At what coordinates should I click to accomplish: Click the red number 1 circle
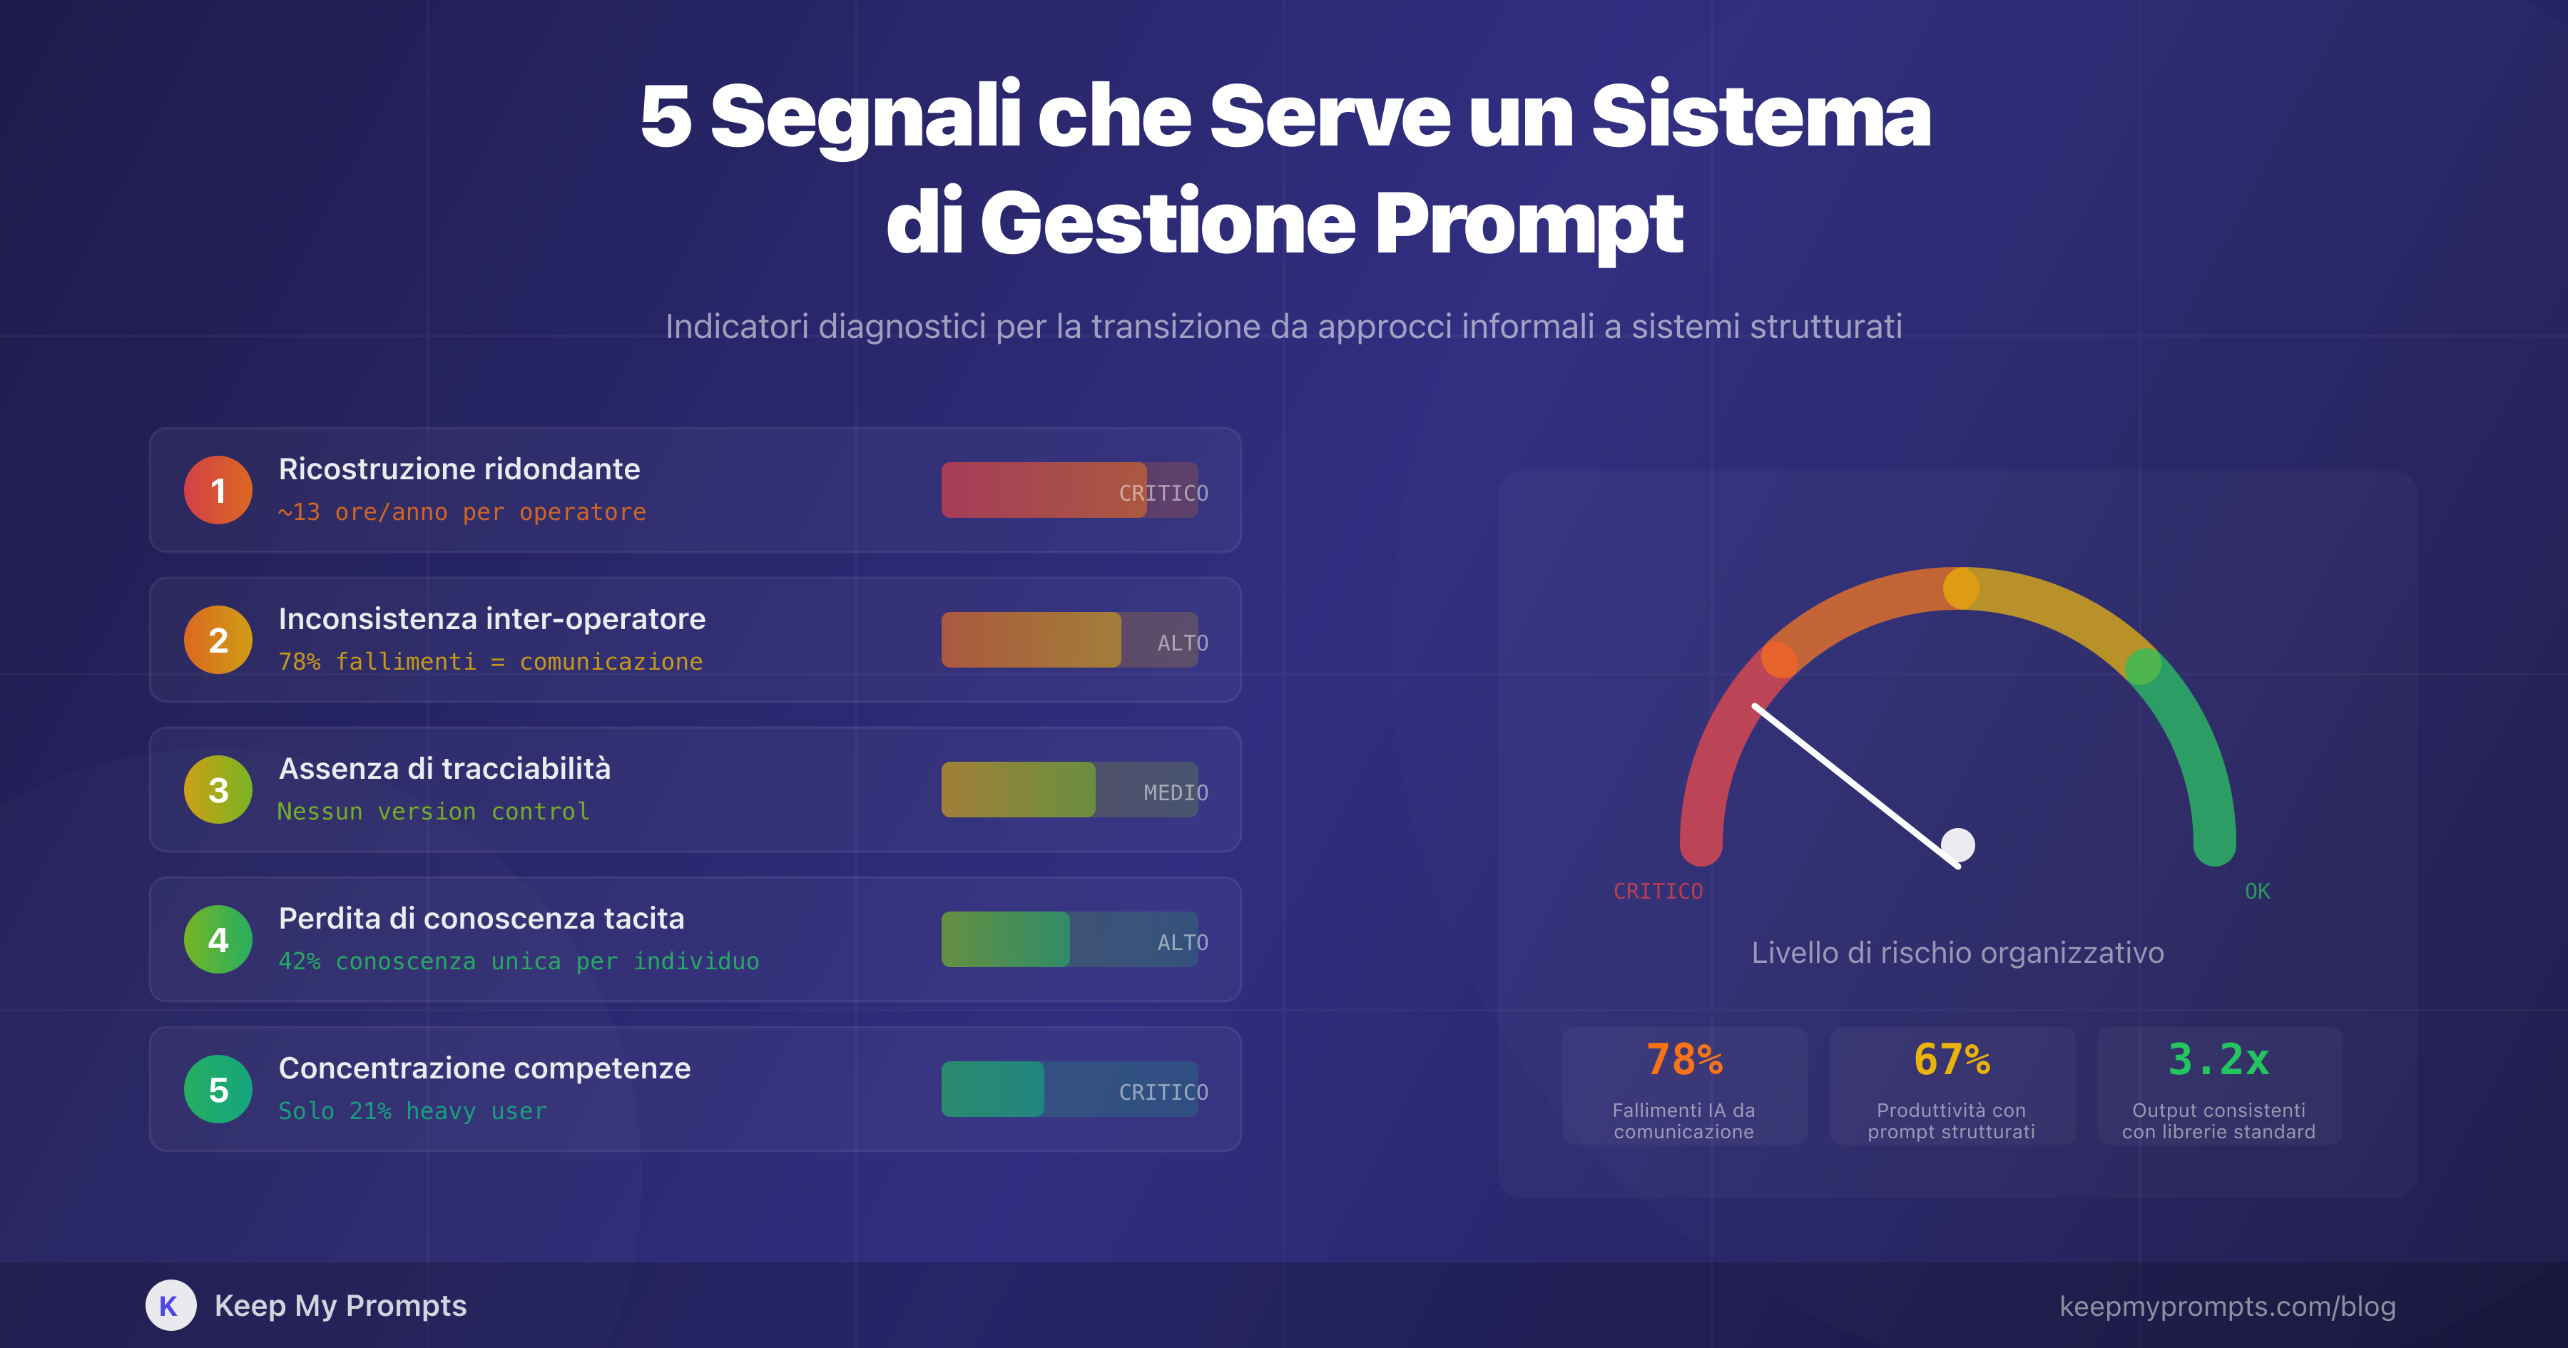(x=218, y=491)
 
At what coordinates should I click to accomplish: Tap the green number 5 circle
(x=218, y=1090)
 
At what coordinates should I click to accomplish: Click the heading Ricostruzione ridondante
(x=459, y=469)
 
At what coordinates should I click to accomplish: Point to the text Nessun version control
(x=433, y=812)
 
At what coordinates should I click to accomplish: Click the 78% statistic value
(x=1683, y=1059)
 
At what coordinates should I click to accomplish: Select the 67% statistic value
(x=1951, y=1059)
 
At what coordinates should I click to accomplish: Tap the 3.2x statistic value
(x=2218, y=1059)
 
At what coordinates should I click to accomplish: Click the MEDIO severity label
(x=1176, y=792)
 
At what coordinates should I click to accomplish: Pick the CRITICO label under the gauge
(x=1658, y=892)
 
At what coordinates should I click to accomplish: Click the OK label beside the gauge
(x=2257, y=892)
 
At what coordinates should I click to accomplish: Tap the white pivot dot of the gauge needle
(x=1958, y=844)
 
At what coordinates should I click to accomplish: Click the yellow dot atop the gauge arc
(x=1961, y=588)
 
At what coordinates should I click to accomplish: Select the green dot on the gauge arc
(x=2142, y=666)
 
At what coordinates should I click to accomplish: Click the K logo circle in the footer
(x=170, y=1305)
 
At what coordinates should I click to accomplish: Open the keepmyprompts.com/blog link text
(x=2227, y=1306)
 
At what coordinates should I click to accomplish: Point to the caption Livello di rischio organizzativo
(x=1957, y=952)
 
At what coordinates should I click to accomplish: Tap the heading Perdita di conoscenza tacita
(x=481, y=918)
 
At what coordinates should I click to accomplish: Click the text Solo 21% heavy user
(x=413, y=1110)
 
